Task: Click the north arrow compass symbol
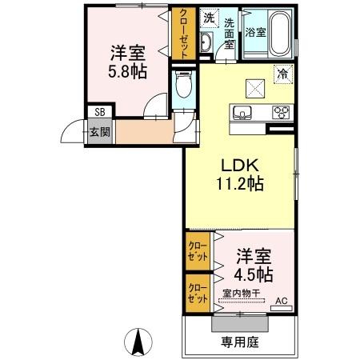click(138, 342)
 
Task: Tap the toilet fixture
click(184, 84)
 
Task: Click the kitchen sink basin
click(242, 112)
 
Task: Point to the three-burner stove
click(281, 112)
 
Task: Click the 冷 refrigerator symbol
click(283, 74)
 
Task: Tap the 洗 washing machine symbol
click(210, 18)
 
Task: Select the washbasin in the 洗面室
click(206, 42)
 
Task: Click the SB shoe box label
click(100, 112)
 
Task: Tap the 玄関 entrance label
click(100, 131)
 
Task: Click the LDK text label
click(240, 166)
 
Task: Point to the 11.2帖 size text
click(240, 184)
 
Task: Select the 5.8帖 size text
click(127, 71)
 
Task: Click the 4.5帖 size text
click(253, 274)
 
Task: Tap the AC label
click(282, 301)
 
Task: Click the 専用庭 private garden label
click(240, 342)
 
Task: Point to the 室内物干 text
click(242, 294)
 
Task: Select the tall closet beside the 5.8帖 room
click(184, 34)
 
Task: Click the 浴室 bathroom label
click(255, 33)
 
